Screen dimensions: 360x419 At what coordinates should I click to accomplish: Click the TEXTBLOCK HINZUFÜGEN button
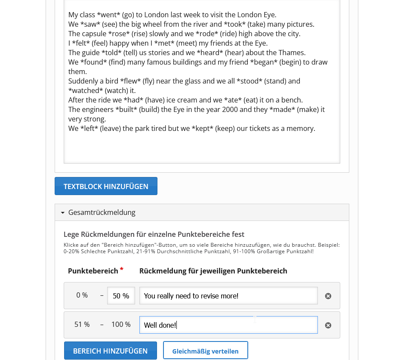tap(106, 186)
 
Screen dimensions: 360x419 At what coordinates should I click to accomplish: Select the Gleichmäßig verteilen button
tap(205, 351)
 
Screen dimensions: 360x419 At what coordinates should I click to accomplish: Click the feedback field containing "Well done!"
tap(228, 325)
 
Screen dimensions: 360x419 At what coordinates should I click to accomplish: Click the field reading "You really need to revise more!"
tap(228, 296)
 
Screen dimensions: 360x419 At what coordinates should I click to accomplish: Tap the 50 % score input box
tap(121, 296)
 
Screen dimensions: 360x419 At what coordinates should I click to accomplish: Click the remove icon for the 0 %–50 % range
tap(328, 296)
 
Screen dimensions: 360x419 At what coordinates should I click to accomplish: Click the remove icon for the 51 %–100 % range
tap(328, 325)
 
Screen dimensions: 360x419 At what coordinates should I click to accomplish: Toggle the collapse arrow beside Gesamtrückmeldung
tap(62, 213)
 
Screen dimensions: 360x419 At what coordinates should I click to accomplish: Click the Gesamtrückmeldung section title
tap(102, 212)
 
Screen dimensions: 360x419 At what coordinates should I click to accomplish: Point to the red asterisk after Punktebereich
tap(122, 270)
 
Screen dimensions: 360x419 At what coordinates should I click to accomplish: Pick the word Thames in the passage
tap(293, 53)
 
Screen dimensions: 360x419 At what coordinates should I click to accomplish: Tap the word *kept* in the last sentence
tap(203, 128)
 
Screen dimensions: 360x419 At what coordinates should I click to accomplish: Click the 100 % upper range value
tap(121, 324)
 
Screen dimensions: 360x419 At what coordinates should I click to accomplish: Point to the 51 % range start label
tap(82, 324)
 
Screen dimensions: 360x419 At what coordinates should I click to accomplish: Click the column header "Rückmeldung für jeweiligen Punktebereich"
tap(213, 271)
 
